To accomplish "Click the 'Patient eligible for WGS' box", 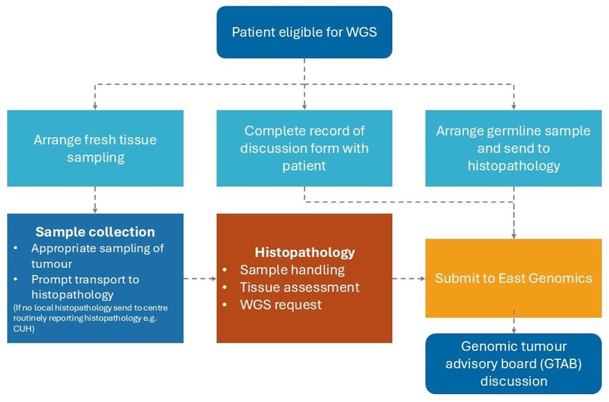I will [x=304, y=32].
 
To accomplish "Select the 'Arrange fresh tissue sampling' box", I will [x=95, y=148].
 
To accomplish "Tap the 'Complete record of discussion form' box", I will [x=304, y=148].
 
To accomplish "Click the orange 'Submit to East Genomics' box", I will [x=513, y=278].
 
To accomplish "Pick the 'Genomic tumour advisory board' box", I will [x=513, y=364].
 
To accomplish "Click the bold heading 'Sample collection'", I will [x=95, y=232].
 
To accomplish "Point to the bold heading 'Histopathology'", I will [x=304, y=253].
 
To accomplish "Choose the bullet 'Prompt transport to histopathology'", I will [x=85, y=287].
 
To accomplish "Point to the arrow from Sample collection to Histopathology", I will [x=200, y=278].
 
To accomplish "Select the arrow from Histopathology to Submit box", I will [x=408, y=278].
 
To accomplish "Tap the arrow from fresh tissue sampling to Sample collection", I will [x=95, y=200].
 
